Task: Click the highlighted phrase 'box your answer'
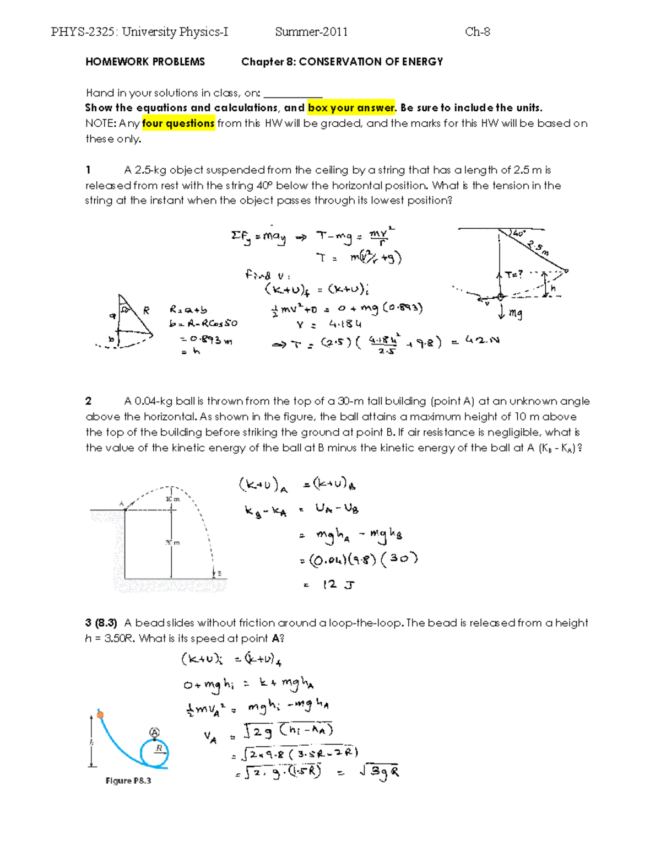351,108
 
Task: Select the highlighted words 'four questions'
178,123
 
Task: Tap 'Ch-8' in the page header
477,32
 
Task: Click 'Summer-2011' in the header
311,32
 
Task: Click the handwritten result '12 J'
338,585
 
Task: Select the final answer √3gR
379,772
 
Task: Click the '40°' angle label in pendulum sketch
518,234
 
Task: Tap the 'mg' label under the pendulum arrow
515,314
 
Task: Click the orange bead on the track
100,715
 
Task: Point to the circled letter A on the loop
155,733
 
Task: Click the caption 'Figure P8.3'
128,780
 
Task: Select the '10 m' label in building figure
172,499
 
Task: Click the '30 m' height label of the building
172,543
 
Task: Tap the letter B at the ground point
219,574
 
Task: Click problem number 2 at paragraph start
88,401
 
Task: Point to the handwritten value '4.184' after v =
345,324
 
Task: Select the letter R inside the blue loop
159,748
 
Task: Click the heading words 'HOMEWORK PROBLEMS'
145,62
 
